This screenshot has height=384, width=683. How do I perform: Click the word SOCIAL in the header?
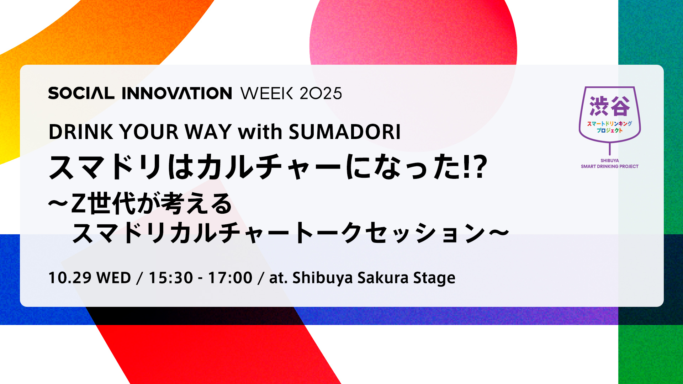click(x=81, y=93)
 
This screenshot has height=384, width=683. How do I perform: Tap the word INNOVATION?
click(x=177, y=93)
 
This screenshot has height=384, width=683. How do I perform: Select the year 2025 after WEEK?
click(x=321, y=93)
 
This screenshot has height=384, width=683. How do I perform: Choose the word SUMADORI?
click(x=345, y=132)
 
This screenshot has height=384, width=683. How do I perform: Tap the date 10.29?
click(x=70, y=278)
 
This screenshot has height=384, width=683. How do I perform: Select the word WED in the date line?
click(x=114, y=278)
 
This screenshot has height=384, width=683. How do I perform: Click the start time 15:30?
click(x=171, y=278)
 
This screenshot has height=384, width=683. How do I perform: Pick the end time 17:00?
click(x=230, y=278)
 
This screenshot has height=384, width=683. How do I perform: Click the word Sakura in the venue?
click(x=383, y=278)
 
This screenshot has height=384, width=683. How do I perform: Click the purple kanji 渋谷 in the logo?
click(x=609, y=106)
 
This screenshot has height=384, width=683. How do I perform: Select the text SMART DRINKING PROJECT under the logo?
click(x=610, y=166)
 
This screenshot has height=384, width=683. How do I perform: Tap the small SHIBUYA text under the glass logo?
click(x=610, y=161)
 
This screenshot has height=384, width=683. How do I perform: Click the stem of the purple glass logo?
click(x=610, y=149)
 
